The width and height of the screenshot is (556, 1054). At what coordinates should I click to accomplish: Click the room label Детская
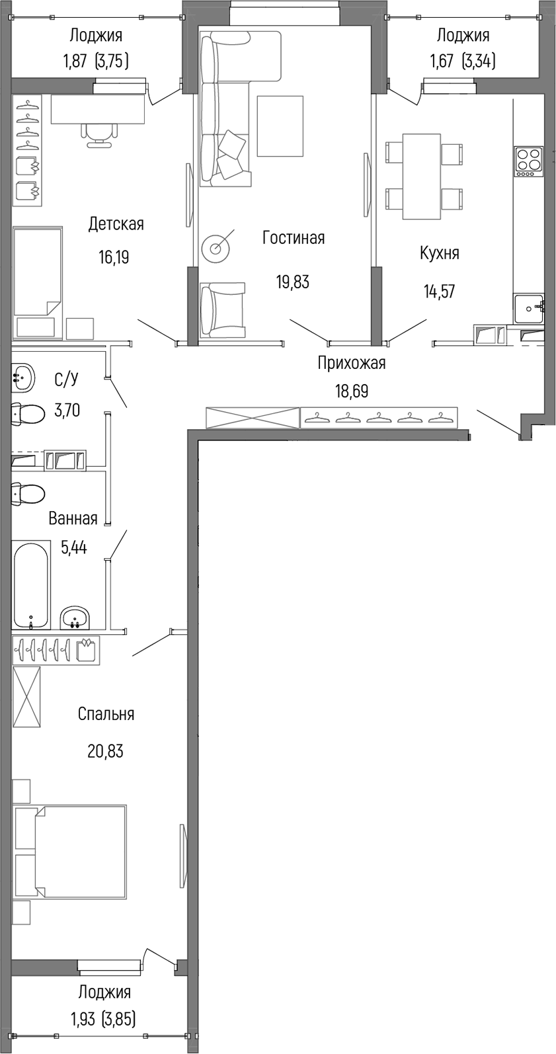tap(116, 224)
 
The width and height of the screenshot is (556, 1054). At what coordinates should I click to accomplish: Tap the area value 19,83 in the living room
tap(292, 282)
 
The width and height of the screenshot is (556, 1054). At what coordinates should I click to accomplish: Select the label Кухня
tap(439, 253)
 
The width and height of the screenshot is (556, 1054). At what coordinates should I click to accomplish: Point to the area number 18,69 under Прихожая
tap(351, 391)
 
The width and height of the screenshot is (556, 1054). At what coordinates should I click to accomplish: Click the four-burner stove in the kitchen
tap(529, 161)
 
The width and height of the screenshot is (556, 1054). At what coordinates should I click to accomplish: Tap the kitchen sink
tap(528, 308)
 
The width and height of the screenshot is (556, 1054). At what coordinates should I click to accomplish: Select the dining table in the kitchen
tap(422, 176)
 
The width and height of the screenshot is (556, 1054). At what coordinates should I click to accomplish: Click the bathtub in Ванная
tap(31, 585)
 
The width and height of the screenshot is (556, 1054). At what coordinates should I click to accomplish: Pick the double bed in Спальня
tap(70, 851)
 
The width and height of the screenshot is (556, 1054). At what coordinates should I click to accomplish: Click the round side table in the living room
tap(216, 247)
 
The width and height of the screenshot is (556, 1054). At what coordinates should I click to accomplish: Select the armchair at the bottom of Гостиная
tap(223, 309)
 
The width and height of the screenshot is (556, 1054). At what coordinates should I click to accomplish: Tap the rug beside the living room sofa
tap(280, 126)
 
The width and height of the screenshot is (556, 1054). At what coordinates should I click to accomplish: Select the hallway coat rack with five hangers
tap(378, 418)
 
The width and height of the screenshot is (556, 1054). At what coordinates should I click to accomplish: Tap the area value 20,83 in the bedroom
tap(105, 751)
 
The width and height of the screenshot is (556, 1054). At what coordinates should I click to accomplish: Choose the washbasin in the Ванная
tap(75, 618)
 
